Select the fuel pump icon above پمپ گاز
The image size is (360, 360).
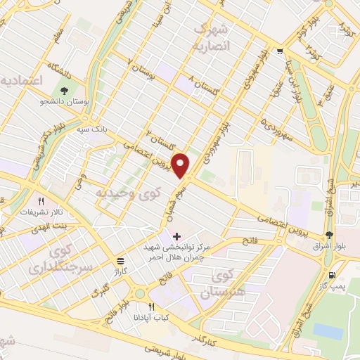332,276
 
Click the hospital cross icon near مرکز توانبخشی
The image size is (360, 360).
176,236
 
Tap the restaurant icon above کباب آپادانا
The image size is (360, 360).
151,307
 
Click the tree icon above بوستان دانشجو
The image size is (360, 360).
64,90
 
